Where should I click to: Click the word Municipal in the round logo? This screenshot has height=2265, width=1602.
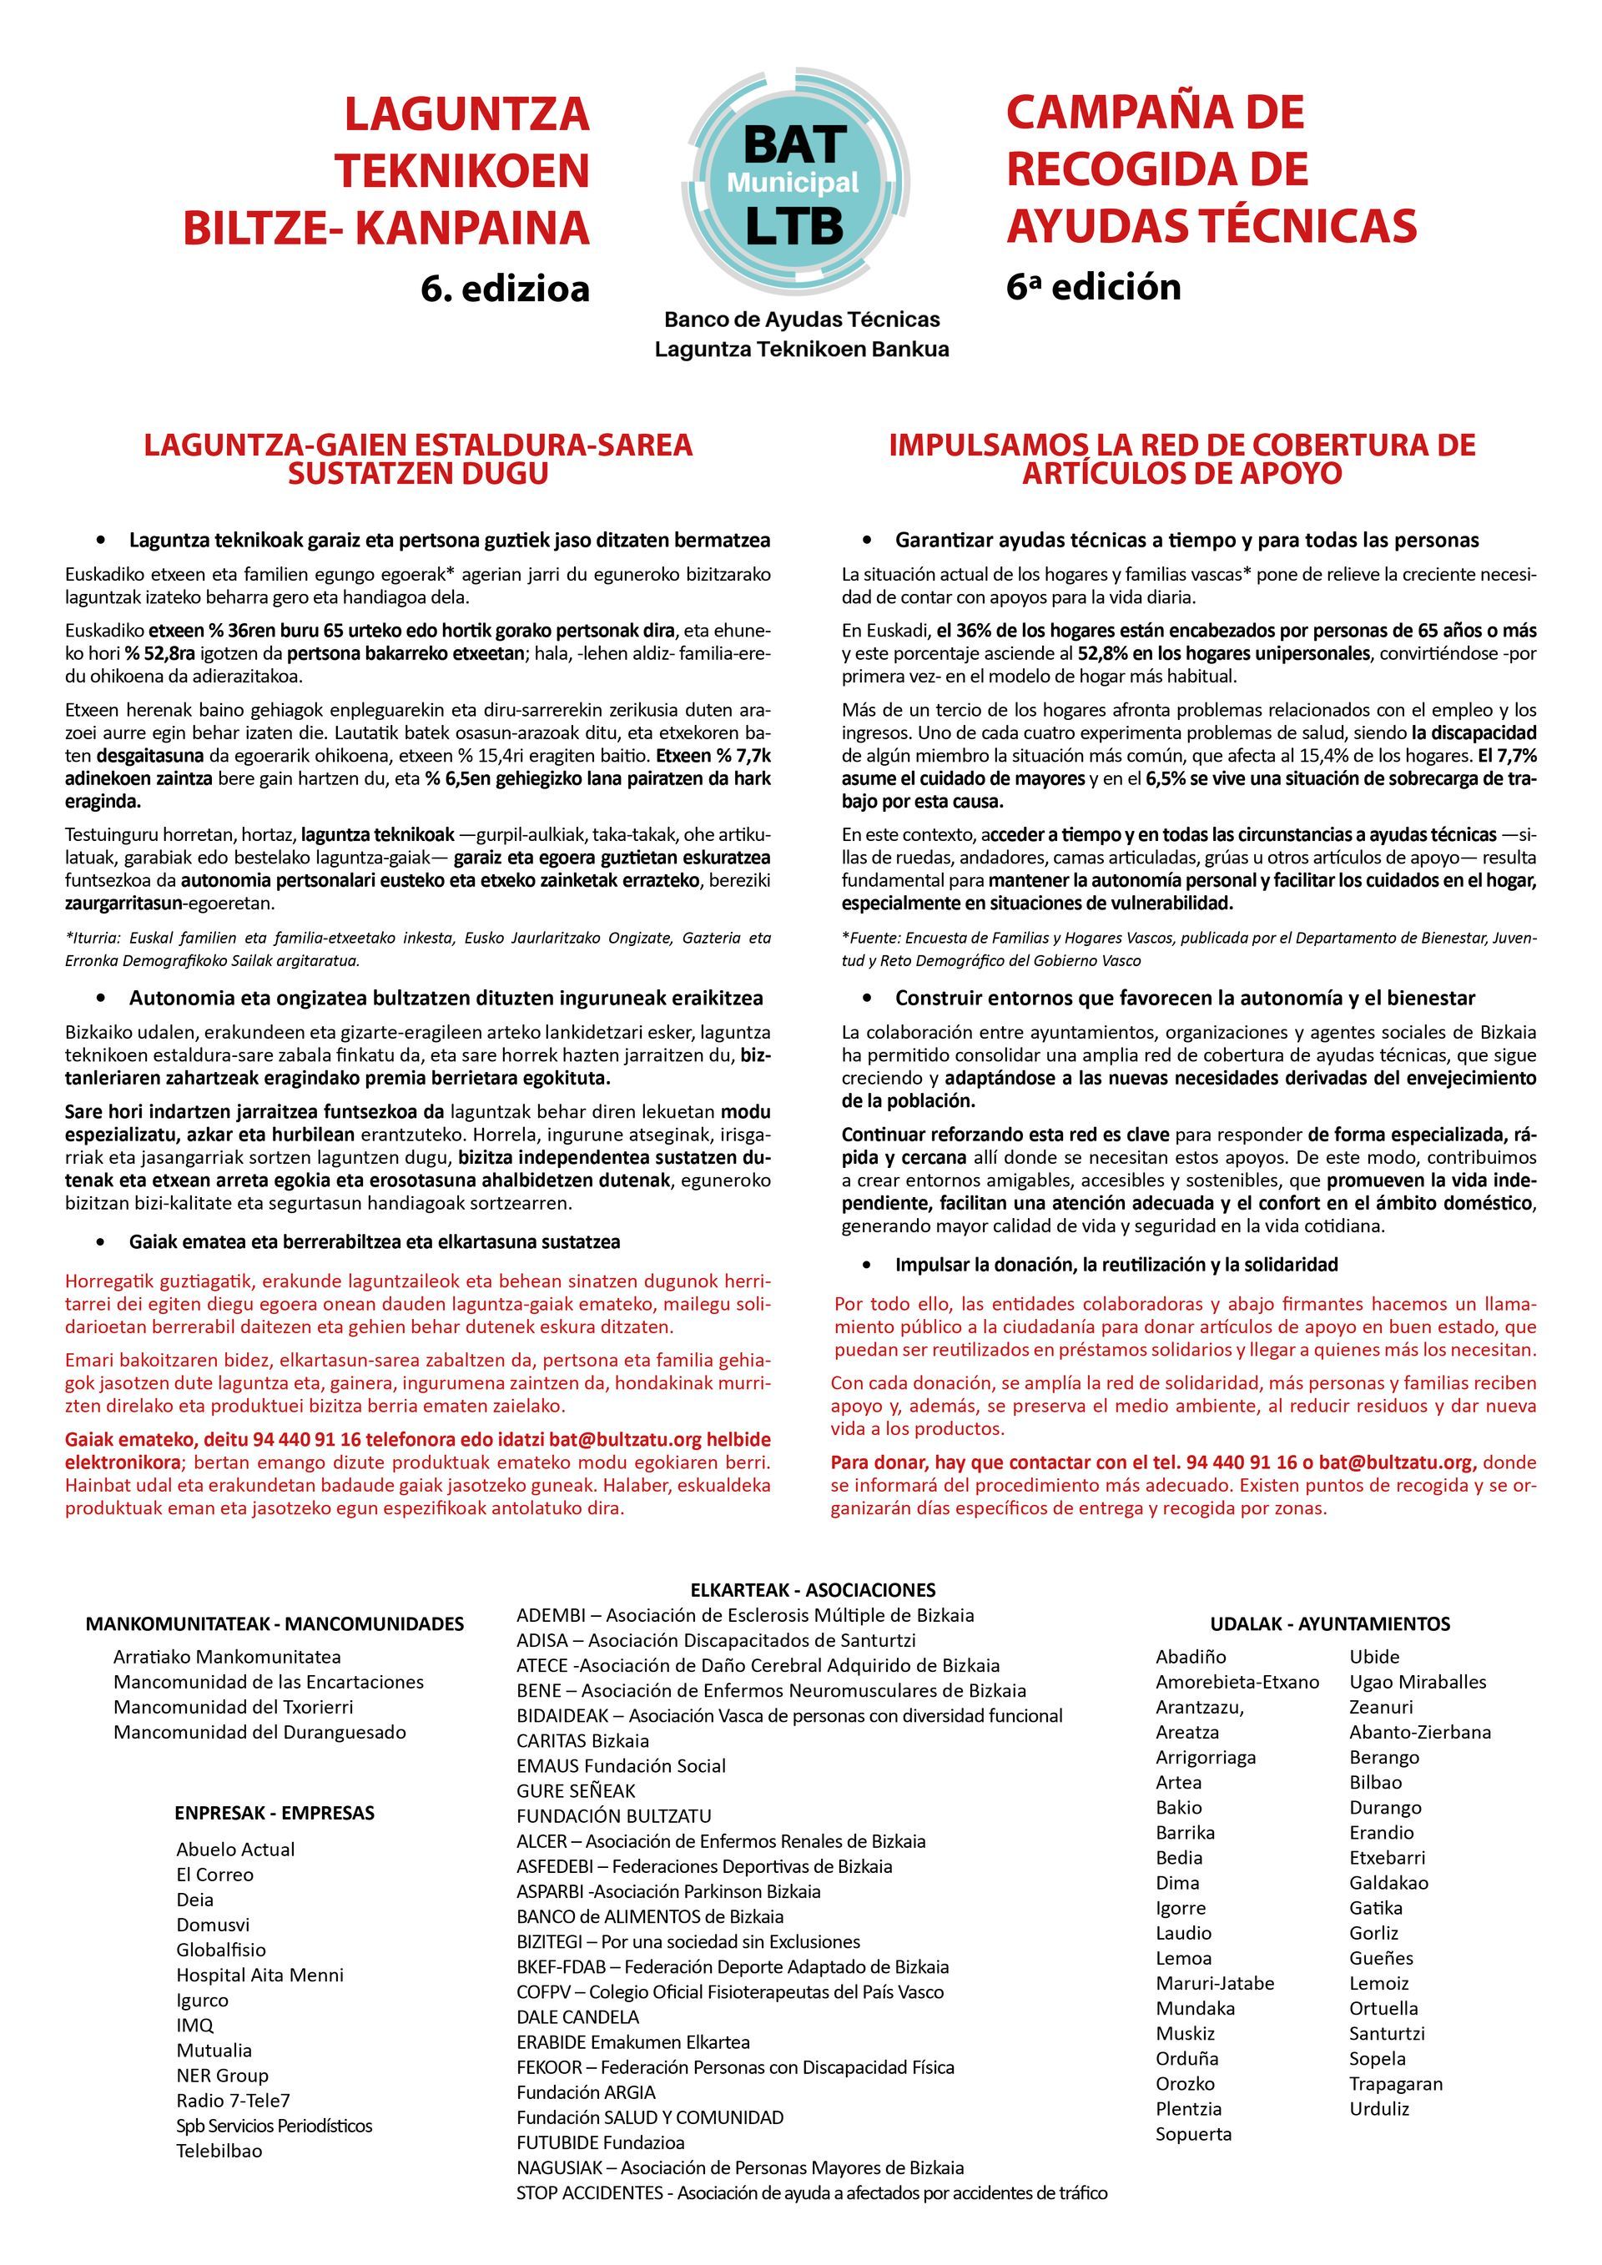click(793, 183)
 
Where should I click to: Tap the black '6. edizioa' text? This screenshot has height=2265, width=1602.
click(504, 288)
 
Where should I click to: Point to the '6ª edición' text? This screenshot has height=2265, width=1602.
click(1093, 286)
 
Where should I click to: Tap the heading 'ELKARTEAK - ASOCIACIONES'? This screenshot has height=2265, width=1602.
click(812, 1589)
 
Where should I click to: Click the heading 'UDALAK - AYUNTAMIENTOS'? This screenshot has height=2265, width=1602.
click(1330, 1623)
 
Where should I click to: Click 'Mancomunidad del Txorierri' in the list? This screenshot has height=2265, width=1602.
click(233, 1706)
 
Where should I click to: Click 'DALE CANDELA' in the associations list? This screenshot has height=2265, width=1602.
click(577, 2016)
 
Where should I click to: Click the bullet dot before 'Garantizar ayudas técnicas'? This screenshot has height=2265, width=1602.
click(867, 540)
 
